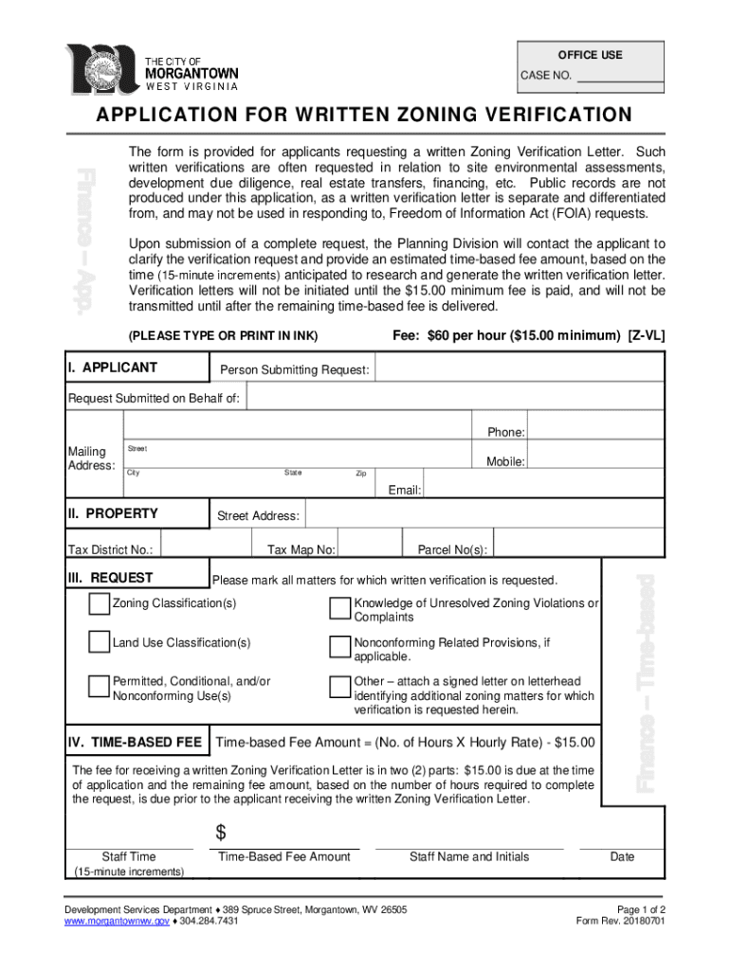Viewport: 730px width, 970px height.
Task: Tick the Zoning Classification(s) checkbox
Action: point(99,604)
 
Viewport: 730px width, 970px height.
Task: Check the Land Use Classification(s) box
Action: point(99,643)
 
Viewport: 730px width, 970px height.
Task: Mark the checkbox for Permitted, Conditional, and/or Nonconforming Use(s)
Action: point(99,687)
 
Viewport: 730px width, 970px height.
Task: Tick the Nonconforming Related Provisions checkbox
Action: point(339,648)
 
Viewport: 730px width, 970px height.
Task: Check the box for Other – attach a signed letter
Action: point(339,687)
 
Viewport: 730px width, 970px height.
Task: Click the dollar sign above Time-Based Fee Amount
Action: point(221,833)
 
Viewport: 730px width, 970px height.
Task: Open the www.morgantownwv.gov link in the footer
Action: point(117,921)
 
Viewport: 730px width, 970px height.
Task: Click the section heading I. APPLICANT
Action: point(113,368)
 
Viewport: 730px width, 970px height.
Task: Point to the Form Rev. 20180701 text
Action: point(620,921)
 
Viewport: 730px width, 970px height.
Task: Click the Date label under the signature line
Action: point(622,857)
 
